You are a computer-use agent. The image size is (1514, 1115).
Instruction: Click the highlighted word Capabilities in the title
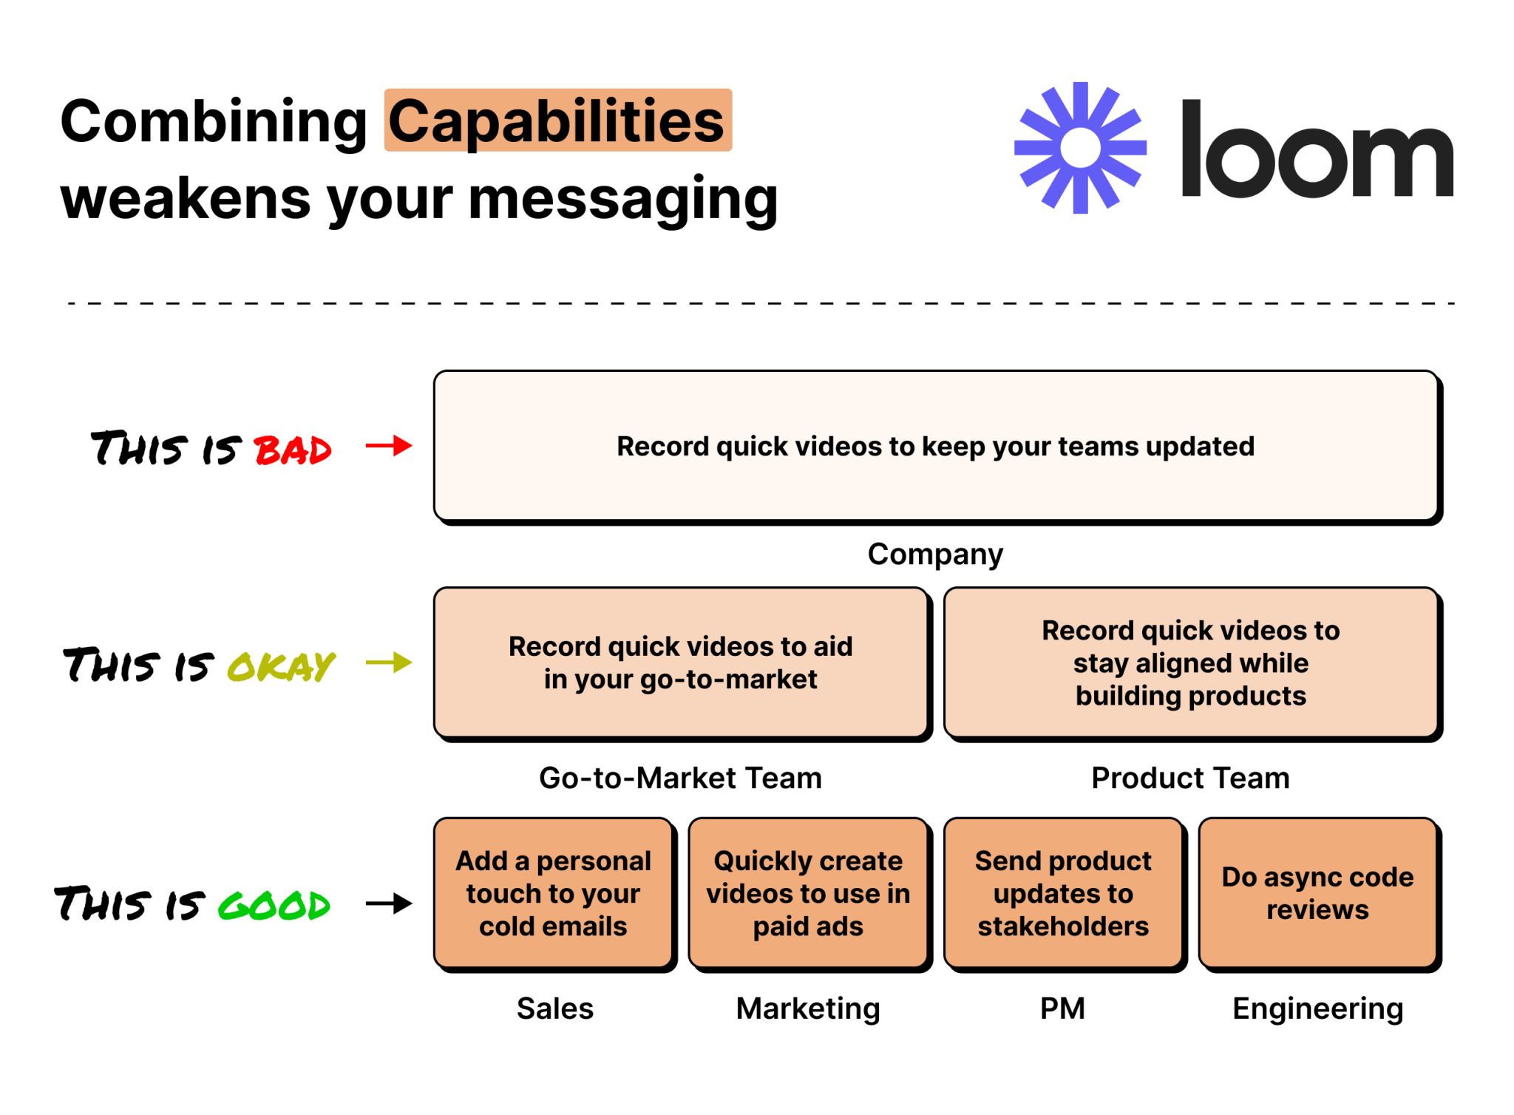coord(557,121)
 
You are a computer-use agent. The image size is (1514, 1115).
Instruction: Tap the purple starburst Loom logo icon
coord(1080,148)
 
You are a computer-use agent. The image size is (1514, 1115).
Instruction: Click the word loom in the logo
coord(1317,149)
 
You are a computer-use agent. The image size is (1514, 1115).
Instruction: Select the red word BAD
coord(293,450)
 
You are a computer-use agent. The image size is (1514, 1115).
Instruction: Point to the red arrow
coord(389,446)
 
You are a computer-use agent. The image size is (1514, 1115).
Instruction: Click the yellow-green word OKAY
coord(281,666)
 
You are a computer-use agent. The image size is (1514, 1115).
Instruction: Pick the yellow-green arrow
coord(389,662)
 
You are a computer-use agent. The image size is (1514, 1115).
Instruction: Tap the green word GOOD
coord(274,905)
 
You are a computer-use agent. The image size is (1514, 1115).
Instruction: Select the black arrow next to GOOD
coord(389,903)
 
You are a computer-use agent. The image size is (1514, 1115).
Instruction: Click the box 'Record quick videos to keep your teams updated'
coord(936,446)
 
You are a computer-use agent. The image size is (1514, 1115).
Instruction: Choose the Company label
coord(935,554)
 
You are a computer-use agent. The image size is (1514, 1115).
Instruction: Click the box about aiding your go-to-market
coord(680,662)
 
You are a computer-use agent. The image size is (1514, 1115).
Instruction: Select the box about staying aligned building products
coord(1190,662)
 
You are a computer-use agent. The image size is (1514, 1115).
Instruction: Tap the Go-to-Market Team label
coord(680,778)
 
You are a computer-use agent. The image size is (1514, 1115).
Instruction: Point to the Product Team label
coord(1190,778)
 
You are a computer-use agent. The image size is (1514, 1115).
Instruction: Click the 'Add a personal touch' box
coord(553,893)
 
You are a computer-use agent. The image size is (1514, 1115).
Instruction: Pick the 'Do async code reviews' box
coord(1317,893)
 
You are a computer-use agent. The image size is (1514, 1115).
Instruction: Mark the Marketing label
coord(808,1009)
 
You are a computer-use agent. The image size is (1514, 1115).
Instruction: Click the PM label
coord(1062,1009)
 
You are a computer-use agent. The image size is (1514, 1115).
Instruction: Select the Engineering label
coord(1317,1009)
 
